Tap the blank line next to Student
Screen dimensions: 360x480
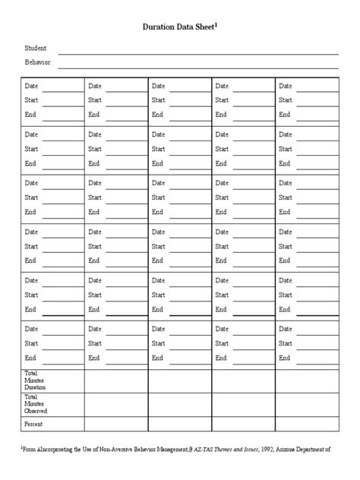(199, 53)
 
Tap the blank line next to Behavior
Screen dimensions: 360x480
(199, 67)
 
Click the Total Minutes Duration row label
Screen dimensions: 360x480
(35, 381)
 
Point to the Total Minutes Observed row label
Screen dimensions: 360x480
(35, 403)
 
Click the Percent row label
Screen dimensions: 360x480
(33, 424)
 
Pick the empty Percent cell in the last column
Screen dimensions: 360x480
(307, 424)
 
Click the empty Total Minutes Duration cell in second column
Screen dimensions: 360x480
(115, 381)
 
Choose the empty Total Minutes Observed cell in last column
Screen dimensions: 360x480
(307, 403)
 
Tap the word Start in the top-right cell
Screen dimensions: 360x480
(286, 100)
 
